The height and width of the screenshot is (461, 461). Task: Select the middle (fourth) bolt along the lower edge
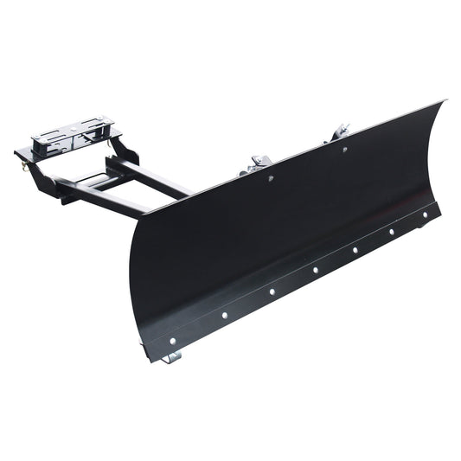coord(315,270)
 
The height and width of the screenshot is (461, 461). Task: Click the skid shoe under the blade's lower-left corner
coord(176,355)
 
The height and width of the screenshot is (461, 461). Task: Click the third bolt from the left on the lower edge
coord(272,291)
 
